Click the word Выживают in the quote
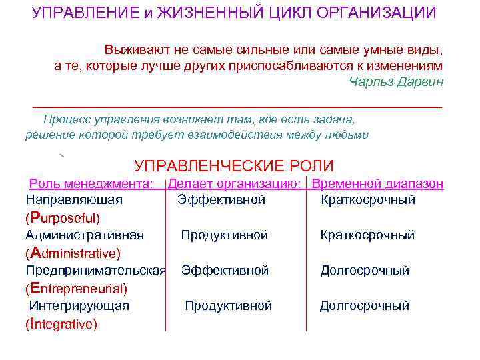(x=134, y=50)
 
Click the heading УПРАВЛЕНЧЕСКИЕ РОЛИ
(x=234, y=166)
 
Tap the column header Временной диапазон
(x=378, y=184)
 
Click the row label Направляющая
(x=74, y=200)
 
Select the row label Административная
(x=85, y=235)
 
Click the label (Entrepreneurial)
(x=76, y=289)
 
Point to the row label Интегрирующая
(x=79, y=306)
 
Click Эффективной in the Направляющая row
(x=221, y=200)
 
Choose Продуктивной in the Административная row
(x=225, y=235)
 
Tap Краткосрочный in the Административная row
(x=367, y=235)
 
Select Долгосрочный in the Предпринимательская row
(x=365, y=271)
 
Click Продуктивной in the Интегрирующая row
(x=229, y=306)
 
